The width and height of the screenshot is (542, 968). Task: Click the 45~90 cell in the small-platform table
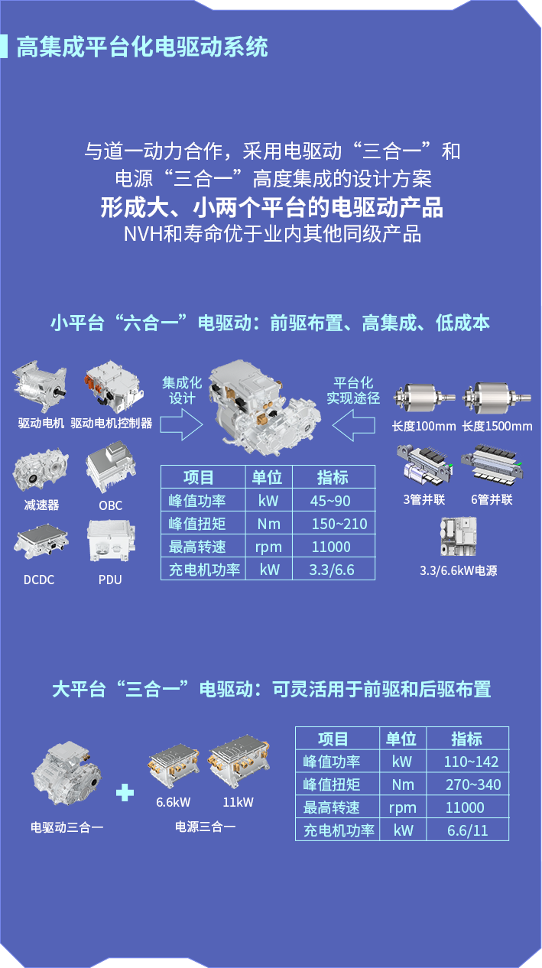pyautogui.click(x=330, y=501)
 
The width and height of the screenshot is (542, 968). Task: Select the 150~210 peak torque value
pyautogui.click(x=339, y=524)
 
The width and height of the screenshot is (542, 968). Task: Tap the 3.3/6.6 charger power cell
pyautogui.click(x=332, y=570)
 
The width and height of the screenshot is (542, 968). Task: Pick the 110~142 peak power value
pyautogui.click(x=471, y=762)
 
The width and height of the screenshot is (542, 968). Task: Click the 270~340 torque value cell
pyautogui.click(x=473, y=784)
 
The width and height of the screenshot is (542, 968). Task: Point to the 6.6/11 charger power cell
pyautogui.click(x=467, y=830)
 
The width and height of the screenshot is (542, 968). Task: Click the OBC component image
pyautogui.click(x=111, y=466)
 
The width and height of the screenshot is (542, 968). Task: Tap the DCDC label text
pyautogui.click(x=39, y=580)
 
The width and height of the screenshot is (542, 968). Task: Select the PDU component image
pyautogui.click(x=111, y=540)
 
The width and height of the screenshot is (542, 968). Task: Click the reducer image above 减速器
pyautogui.click(x=41, y=469)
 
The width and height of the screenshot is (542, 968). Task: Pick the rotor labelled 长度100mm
pyautogui.click(x=424, y=398)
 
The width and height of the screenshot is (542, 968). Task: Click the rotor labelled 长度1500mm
pyautogui.click(x=497, y=397)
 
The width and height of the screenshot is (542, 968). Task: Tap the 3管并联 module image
pyautogui.click(x=424, y=466)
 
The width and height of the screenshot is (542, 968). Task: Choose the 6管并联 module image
pyautogui.click(x=492, y=465)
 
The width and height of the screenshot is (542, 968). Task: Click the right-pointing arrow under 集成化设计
pyautogui.click(x=181, y=424)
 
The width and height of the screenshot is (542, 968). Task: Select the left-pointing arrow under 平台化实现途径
pyautogui.click(x=353, y=425)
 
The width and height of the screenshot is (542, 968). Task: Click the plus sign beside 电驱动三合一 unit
pyautogui.click(x=125, y=793)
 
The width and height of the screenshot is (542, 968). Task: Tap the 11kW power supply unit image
pyautogui.click(x=239, y=762)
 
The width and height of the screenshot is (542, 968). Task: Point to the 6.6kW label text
pyautogui.click(x=174, y=802)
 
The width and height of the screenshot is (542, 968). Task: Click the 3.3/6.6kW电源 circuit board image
pyautogui.click(x=459, y=536)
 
